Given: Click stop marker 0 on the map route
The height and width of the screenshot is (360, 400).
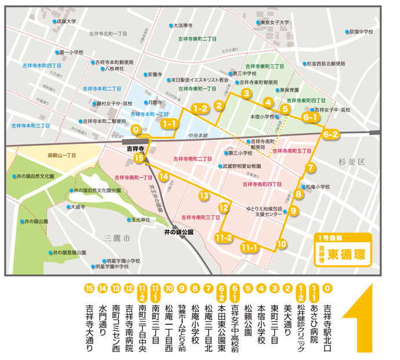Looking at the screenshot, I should [136, 130].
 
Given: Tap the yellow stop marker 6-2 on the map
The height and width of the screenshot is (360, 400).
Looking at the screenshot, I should [332, 134].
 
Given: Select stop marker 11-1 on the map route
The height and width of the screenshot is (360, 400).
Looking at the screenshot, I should [249, 248].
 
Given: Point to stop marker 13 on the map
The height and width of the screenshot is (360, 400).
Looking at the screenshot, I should [203, 195].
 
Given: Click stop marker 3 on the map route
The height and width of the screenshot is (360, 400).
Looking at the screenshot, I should [246, 93].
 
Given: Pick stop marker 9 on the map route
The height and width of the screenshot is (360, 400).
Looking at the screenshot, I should [294, 211].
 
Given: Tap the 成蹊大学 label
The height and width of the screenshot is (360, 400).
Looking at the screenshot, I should [66, 21].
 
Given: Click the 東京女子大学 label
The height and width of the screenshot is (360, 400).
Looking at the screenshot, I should [275, 23].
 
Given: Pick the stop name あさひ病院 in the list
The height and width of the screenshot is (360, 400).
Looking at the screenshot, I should [314, 321].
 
